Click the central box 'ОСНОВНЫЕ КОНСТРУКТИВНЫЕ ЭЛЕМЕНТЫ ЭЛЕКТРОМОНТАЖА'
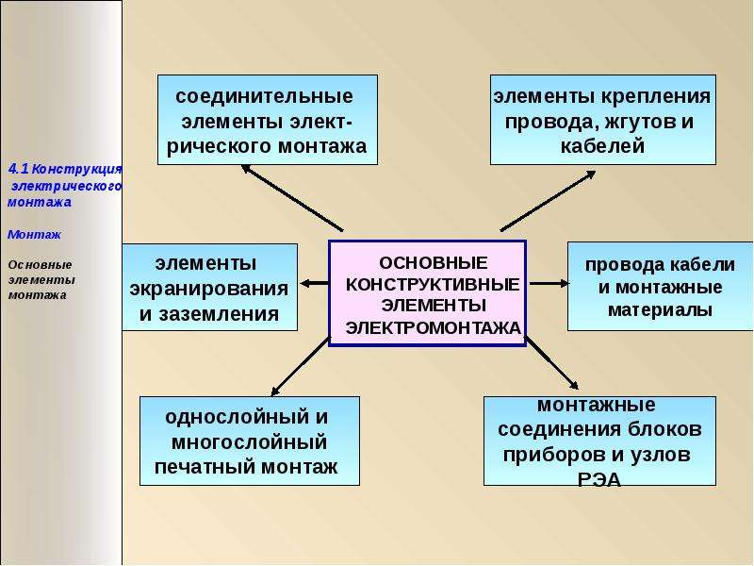(x=428, y=293)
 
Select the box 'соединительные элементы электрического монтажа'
(x=268, y=120)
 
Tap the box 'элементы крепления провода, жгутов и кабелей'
(x=603, y=120)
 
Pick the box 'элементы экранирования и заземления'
(x=209, y=288)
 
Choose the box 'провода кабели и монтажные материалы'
(x=661, y=287)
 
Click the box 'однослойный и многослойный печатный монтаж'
(x=250, y=441)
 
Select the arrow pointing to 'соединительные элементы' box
(x=292, y=198)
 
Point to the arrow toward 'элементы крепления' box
(x=549, y=201)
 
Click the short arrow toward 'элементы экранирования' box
(x=315, y=284)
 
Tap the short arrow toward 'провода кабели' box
(x=549, y=284)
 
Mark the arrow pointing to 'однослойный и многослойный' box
(x=301, y=366)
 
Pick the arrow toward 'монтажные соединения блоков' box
(x=552, y=363)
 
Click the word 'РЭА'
(x=599, y=479)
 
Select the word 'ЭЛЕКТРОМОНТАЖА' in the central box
(x=434, y=328)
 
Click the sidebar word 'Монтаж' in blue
(x=34, y=234)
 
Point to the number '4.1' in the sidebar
(x=19, y=169)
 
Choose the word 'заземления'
(x=219, y=314)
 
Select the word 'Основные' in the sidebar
(x=40, y=265)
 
